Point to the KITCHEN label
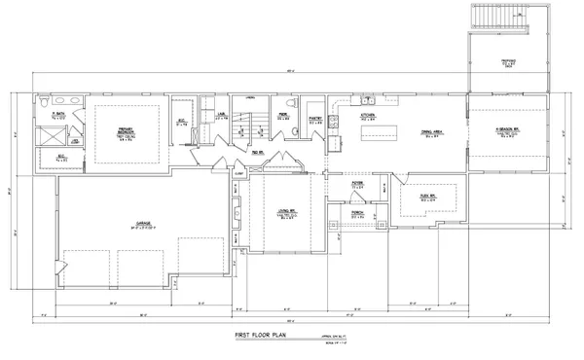pyautogui.click(x=368, y=115)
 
